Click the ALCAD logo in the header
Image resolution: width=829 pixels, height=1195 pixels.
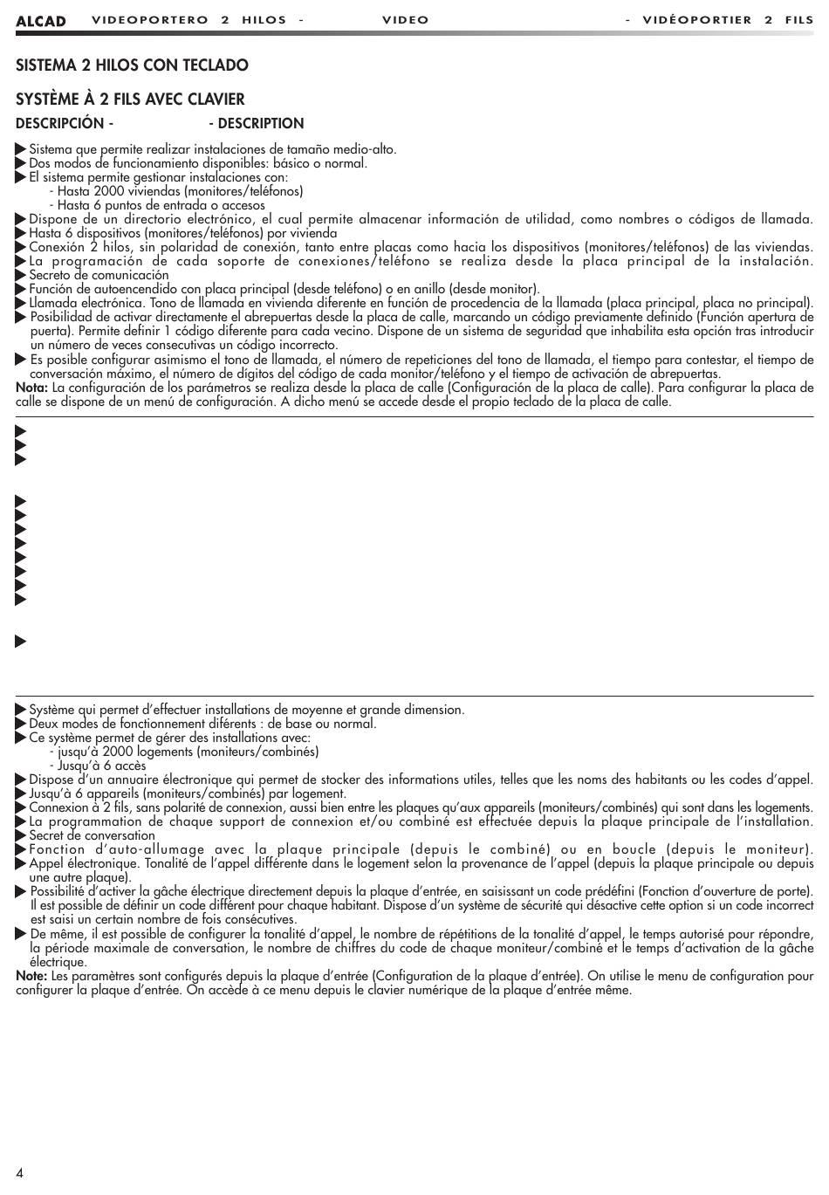[x=40, y=21]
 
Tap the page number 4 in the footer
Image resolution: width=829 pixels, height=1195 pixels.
[x=19, y=1171]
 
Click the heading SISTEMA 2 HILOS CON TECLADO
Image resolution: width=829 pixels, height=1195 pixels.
[x=132, y=65]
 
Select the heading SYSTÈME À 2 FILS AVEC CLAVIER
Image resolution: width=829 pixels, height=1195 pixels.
[x=130, y=100]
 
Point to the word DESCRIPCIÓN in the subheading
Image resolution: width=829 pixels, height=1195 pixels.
[x=59, y=124]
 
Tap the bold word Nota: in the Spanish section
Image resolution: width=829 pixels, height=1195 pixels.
[x=32, y=388]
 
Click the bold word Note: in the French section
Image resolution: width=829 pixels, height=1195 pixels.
[x=32, y=976]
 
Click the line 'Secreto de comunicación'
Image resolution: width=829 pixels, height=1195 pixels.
[x=99, y=275]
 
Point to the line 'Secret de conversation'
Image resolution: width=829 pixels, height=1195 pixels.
[x=92, y=835]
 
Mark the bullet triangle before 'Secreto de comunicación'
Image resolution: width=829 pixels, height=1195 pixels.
[x=21, y=275]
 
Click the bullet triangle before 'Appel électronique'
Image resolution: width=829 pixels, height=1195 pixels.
[x=21, y=863]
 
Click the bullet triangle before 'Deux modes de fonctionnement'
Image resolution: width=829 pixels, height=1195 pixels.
[x=21, y=724]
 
